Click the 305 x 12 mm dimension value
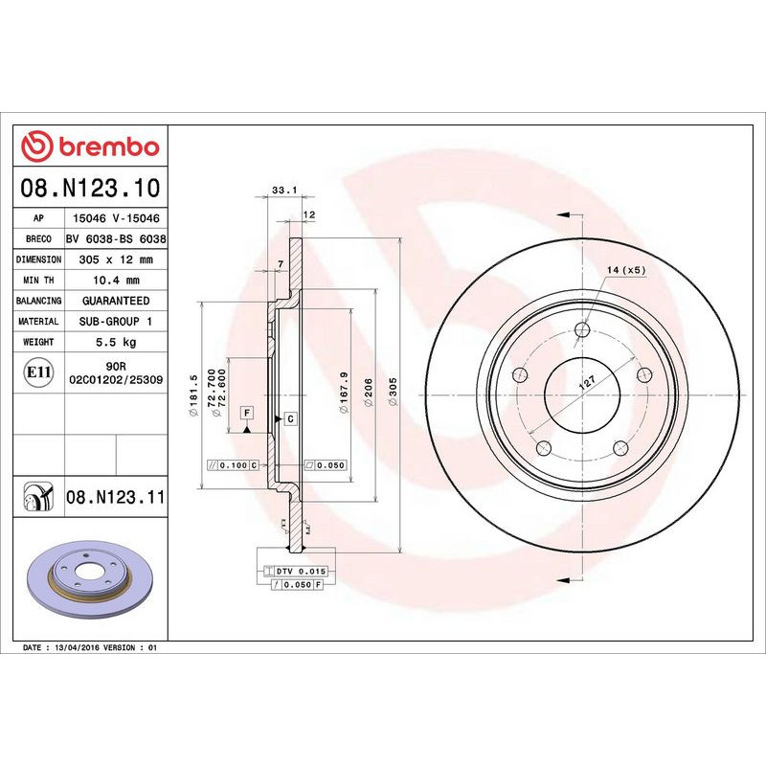[x=117, y=259]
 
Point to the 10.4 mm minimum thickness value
[x=117, y=281]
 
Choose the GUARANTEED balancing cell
[x=117, y=301]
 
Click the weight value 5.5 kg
[x=117, y=342]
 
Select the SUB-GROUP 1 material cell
[x=117, y=322]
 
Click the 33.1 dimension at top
[x=280, y=191]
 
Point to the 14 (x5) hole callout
[x=626, y=271]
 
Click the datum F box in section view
[x=247, y=412]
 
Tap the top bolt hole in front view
[x=583, y=331]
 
